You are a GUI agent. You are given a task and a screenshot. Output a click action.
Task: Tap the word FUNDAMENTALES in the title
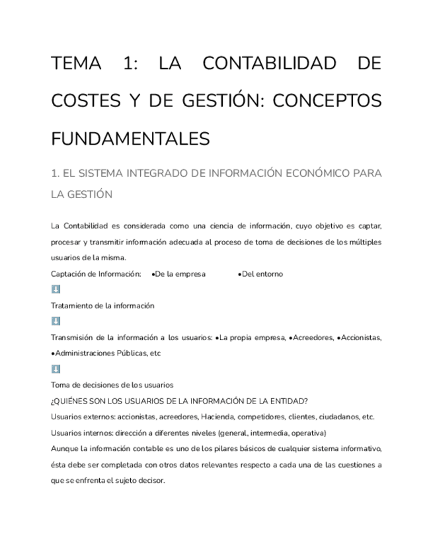[x=130, y=139]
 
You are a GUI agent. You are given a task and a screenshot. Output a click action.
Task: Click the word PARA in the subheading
[x=366, y=174]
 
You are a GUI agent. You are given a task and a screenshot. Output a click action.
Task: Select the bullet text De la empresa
[x=180, y=273]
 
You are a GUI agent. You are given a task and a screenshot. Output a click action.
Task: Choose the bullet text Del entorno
[x=262, y=273]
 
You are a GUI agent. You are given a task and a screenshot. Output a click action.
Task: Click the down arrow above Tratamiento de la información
[x=56, y=289]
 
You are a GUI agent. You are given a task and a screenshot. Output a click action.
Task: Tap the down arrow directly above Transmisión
[x=56, y=321]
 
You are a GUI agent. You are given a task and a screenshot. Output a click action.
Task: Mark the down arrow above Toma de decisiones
[x=56, y=368]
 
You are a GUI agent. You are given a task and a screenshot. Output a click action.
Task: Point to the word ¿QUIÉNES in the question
[x=69, y=400]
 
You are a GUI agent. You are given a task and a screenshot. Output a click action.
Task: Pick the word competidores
[x=264, y=417]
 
